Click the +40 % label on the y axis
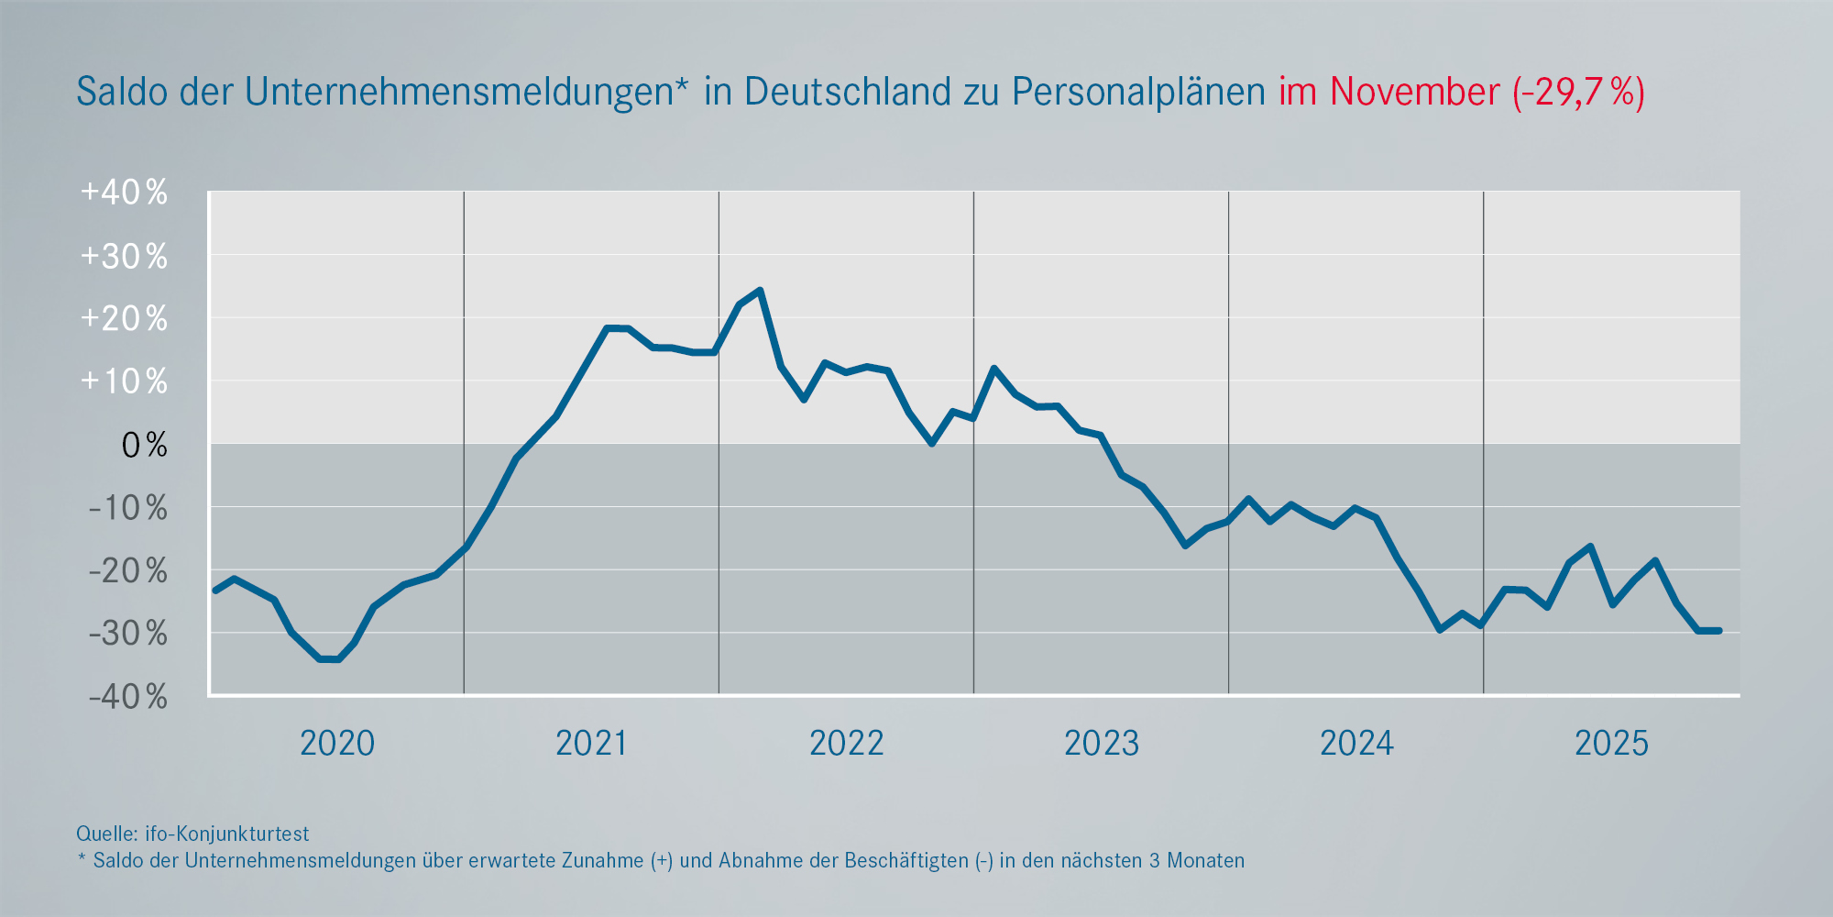[x=125, y=193]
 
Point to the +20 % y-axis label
[x=125, y=319]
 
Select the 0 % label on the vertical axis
[x=145, y=446]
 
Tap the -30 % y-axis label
[x=127, y=634]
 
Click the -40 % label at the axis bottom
[x=127, y=697]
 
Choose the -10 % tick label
[x=127, y=508]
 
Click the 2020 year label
[x=337, y=743]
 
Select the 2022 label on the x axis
[x=846, y=743]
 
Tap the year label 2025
[x=1611, y=743]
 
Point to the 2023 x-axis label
[x=1101, y=743]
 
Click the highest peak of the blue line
[x=760, y=291]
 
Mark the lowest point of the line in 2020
[x=329, y=659]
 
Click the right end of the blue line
[x=1719, y=631]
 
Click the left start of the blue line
[x=214, y=591]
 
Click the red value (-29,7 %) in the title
[x=1578, y=93]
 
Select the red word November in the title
[x=1414, y=93]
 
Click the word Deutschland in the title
[x=848, y=93]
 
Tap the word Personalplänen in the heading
[x=1138, y=93]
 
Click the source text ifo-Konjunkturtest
[x=226, y=834]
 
